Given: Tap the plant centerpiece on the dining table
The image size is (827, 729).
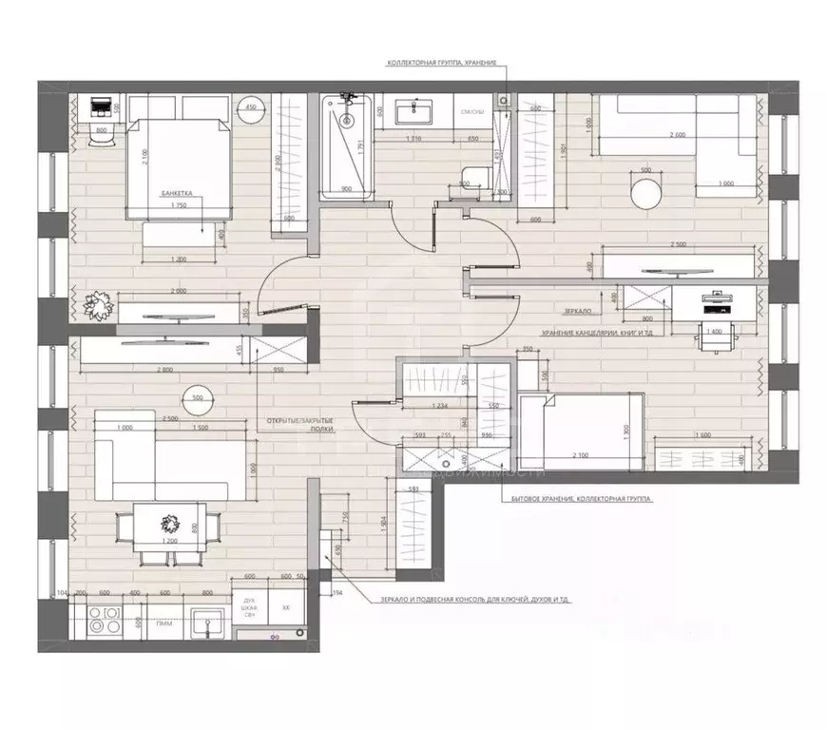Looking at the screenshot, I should tap(169, 523).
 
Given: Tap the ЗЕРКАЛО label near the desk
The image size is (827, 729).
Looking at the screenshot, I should tap(577, 311).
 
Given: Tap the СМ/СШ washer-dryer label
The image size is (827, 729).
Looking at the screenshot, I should tap(472, 113).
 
